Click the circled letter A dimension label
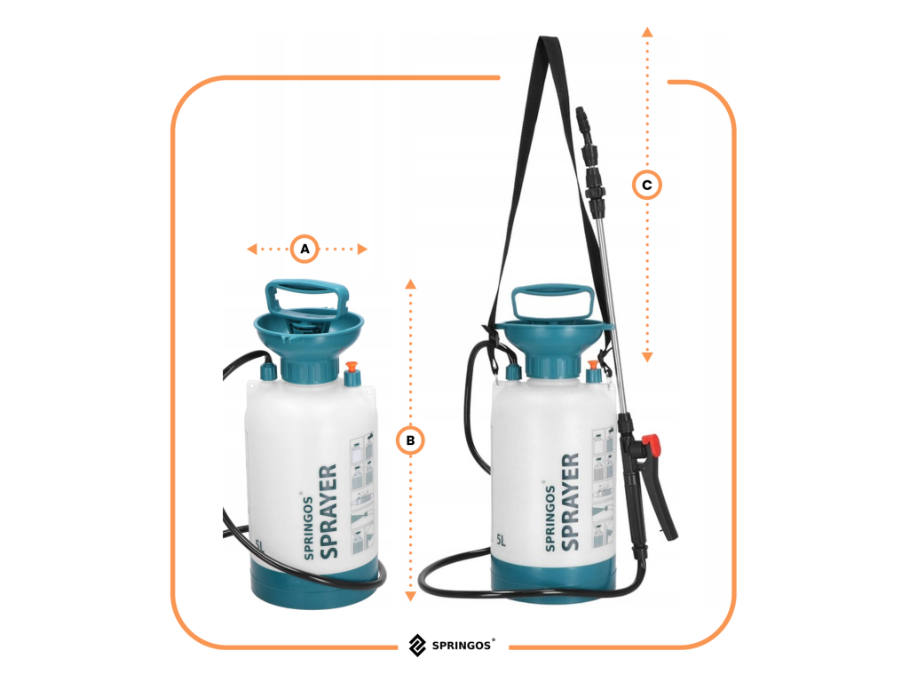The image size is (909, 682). [304, 250]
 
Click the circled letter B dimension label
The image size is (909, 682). [410, 440]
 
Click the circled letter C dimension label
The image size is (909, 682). [647, 185]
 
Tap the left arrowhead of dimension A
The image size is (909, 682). [251, 250]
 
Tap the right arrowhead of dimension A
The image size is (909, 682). [362, 250]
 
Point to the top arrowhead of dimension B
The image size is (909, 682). [410, 283]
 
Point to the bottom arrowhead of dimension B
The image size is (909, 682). [410, 596]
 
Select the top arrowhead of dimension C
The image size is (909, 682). [647, 33]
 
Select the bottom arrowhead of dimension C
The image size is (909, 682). [647, 357]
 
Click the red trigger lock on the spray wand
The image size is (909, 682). [652, 445]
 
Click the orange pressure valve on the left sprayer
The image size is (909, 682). [352, 367]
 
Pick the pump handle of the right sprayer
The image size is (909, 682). [553, 302]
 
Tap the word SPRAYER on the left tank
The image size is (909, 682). [328, 511]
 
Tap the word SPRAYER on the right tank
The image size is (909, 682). [570, 502]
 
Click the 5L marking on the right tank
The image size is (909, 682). [501, 541]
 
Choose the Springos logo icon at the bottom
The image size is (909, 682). [417, 645]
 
